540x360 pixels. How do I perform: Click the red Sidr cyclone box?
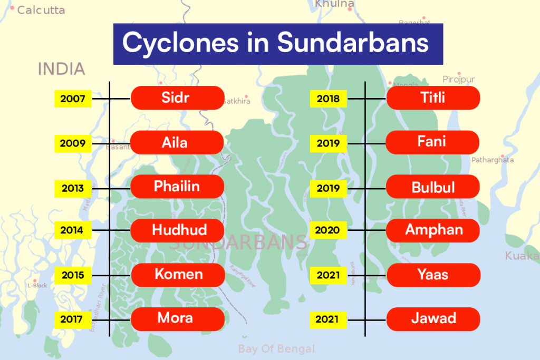click(x=177, y=98)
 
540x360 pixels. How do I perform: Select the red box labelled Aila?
click(x=177, y=142)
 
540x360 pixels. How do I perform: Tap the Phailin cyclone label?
click(x=177, y=187)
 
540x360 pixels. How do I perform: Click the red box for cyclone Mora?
click(x=177, y=319)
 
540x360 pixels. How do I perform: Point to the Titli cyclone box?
click(x=433, y=98)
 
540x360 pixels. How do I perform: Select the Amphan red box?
click(x=433, y=230)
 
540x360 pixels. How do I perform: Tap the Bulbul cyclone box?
click(x=433, y=187)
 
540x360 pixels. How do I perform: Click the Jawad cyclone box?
click(x=433, y=319)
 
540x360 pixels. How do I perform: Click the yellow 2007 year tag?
click(x=73, y=99)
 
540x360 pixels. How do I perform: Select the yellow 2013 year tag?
click(x=73, y=188)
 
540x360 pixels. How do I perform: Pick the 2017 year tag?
click(x=73, y=319)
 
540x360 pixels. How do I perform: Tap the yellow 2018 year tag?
click(x=329, y=99)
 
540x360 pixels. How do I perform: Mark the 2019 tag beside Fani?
click(x=329, y=143)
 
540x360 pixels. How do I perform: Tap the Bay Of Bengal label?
click(x=276, y=349)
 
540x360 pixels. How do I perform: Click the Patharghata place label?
click(x=493, y=160)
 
